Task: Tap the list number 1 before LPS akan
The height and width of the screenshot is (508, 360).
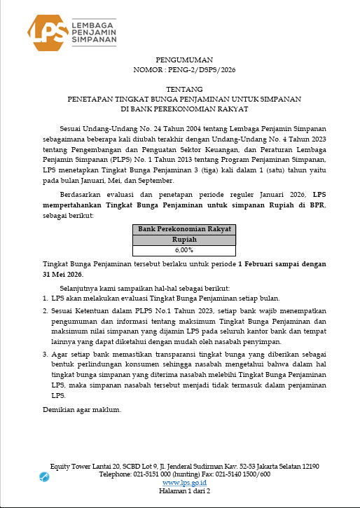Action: click(x=46, y=298)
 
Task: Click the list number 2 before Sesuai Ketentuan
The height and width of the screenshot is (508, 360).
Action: click(x=46, y=309)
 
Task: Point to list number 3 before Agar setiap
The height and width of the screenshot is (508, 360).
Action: click(x=46, y=354)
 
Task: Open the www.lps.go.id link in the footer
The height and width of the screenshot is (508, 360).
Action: click(x=184, y=483)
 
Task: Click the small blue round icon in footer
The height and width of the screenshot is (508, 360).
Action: click(x=45, y=477)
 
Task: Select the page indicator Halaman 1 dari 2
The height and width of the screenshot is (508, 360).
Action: click(x=185, y=491)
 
